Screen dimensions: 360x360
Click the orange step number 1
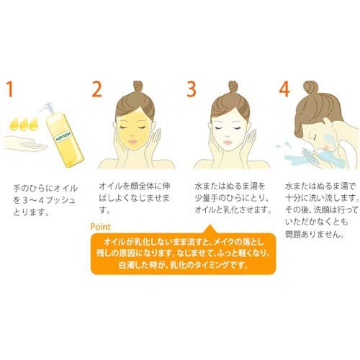coord(9,89)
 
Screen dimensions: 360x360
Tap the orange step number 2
coord(97,89)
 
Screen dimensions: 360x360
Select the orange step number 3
coord(192,89)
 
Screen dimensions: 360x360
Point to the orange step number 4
coord(284,89)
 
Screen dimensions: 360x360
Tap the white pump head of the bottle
coord(47,107)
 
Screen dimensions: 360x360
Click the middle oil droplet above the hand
coord(24,124)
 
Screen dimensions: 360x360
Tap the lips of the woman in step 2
coord(132,142)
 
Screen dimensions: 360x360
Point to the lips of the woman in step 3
coord(228,142)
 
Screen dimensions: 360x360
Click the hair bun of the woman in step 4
coord(310,88)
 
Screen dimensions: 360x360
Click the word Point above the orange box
coord(100,227)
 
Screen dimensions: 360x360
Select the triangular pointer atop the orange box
coord(210,229)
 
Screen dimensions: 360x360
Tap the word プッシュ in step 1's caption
coord(61,200)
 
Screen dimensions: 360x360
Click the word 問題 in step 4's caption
coord(292,234)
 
